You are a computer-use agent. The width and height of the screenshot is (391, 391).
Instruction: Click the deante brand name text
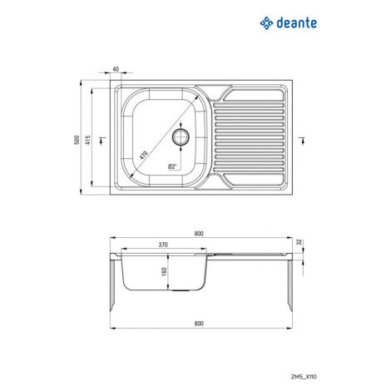coord(296,22)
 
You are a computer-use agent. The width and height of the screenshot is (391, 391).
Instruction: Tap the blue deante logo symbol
coord(266,23)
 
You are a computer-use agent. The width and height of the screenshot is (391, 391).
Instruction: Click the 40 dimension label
coord(116,69)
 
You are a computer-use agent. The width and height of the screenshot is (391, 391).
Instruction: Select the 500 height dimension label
coord(77,140)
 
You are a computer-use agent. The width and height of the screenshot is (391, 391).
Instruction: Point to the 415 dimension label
coord(88,140)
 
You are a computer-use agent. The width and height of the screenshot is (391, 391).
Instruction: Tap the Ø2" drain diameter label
coord(172,166)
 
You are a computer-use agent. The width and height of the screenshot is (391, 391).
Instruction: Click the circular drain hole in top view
coord(181,137)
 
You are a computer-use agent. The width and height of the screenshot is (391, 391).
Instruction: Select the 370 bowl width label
coord(163,245)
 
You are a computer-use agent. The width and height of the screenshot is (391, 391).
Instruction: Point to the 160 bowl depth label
coord(164,271)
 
